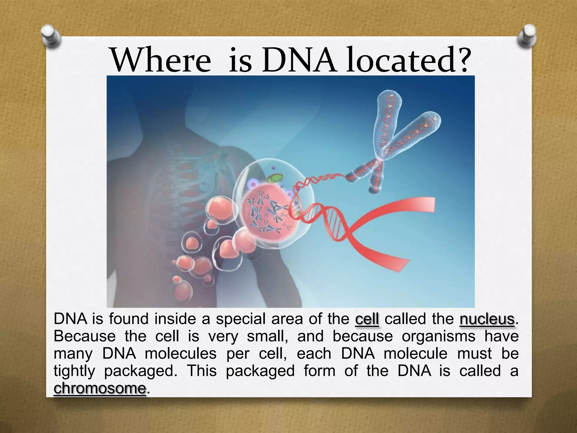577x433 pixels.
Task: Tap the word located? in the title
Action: [409, 60]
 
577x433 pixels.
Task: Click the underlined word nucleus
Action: [487, 319]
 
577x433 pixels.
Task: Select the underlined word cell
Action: [367, 319]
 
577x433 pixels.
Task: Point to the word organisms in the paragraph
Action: [438, 336]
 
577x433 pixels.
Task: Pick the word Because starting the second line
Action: [85, 336]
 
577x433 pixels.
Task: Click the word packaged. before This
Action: [141, 371]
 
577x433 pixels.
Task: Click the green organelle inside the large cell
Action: [275, 180]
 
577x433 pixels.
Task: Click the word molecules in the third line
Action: [180, 354]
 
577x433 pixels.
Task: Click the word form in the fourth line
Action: [319, 371]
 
